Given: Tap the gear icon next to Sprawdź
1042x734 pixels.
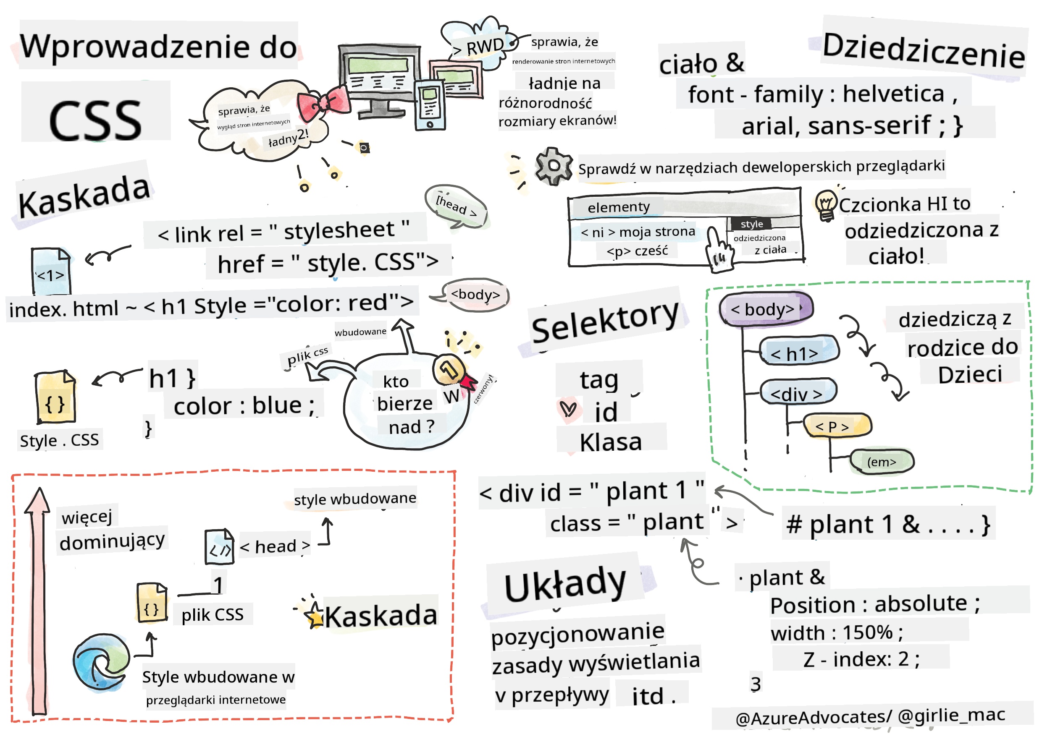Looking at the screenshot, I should click(553, 166).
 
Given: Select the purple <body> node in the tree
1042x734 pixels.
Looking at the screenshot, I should click(766, 309).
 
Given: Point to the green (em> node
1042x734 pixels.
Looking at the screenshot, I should click(881, 462).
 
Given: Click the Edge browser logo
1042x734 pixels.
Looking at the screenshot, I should click(101, 661).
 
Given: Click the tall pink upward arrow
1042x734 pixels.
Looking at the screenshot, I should click(38, 598).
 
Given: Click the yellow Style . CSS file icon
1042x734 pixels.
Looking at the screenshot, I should click(55, 397).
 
